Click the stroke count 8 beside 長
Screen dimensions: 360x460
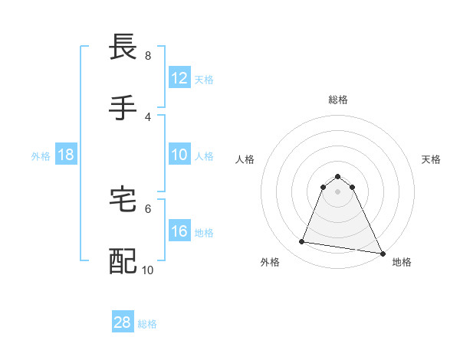click(x=148, y=56)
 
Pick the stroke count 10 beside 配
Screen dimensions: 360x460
click(x=148, y=270)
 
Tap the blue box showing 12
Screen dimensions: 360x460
click(x=179, y=78)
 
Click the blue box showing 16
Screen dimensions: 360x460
click(x=179, y=231)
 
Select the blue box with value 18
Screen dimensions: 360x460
click(x=66, y=155)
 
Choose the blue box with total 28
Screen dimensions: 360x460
click(x=123, y=322)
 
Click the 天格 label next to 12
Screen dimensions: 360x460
click(x=204, y=79)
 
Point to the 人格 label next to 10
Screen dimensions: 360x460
click(x=204, y=155)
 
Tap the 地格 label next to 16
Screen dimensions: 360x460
click(x=204, y=231)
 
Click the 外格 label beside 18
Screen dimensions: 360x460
click(x=41, y=155)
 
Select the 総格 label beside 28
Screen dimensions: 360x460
click(x=147, y=323)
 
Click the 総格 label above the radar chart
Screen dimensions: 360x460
click(x=338, y=100)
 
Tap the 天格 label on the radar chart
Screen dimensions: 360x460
click(x=432, y=159)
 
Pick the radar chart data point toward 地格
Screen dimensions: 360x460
click(x=381, y=253)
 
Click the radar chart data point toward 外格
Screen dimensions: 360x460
click(x=302, y=242)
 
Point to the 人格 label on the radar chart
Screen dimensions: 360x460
click(x=245, y=159)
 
